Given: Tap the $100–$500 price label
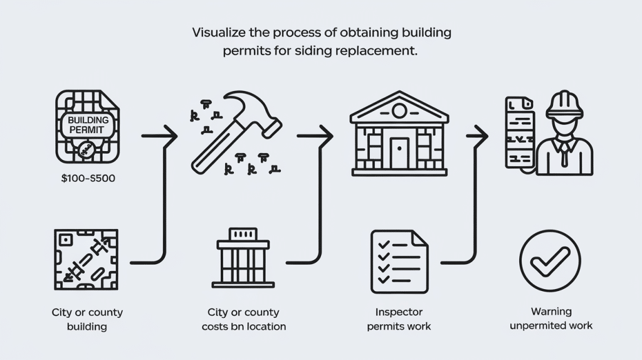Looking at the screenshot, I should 88,179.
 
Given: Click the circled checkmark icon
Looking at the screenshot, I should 550,261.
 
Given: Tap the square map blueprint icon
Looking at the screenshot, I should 86,259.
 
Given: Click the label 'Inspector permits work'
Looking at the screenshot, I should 399,319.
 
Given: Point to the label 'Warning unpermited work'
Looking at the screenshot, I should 550,319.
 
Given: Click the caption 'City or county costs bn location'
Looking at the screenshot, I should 243,319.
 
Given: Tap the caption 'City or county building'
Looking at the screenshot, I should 87,319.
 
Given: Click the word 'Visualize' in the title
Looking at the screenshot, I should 219,31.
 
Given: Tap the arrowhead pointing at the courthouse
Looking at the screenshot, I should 327,134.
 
